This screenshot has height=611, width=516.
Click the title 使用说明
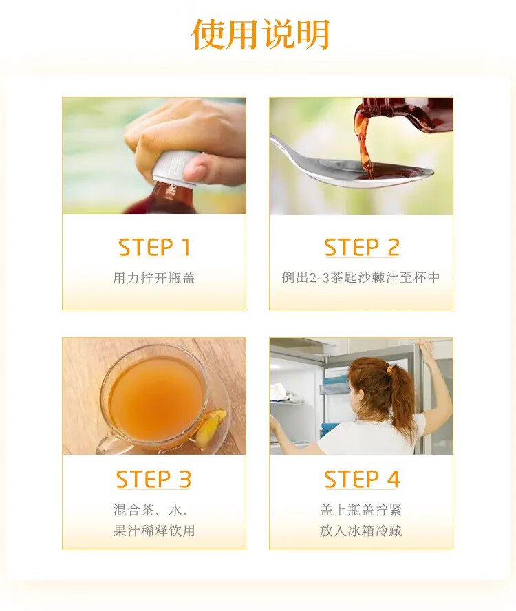260,34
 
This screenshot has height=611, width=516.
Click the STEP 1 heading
154,247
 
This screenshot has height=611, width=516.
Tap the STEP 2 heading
362,247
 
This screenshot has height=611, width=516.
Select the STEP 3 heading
153,479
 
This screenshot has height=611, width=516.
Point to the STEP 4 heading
362,479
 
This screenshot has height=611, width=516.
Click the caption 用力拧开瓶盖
154,278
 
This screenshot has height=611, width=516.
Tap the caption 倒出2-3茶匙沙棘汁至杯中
361,277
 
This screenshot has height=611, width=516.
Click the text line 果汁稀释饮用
154,530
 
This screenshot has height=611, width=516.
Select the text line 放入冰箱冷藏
361,530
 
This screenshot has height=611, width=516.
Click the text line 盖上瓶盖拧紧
361,510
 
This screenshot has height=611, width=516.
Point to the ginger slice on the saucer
211,427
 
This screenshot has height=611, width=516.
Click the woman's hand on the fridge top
427,345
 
